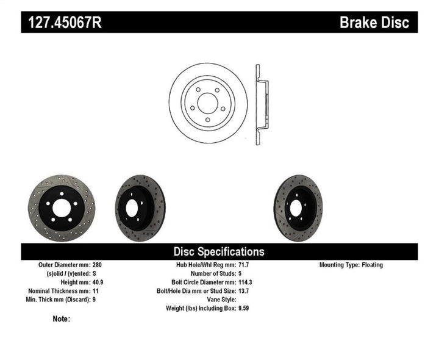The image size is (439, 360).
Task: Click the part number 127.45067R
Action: pos(63,23)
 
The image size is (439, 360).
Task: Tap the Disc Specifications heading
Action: pos(219,251)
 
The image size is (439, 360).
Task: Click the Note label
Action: pos(62,319)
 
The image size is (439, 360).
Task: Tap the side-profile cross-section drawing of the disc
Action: pos(260,104)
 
